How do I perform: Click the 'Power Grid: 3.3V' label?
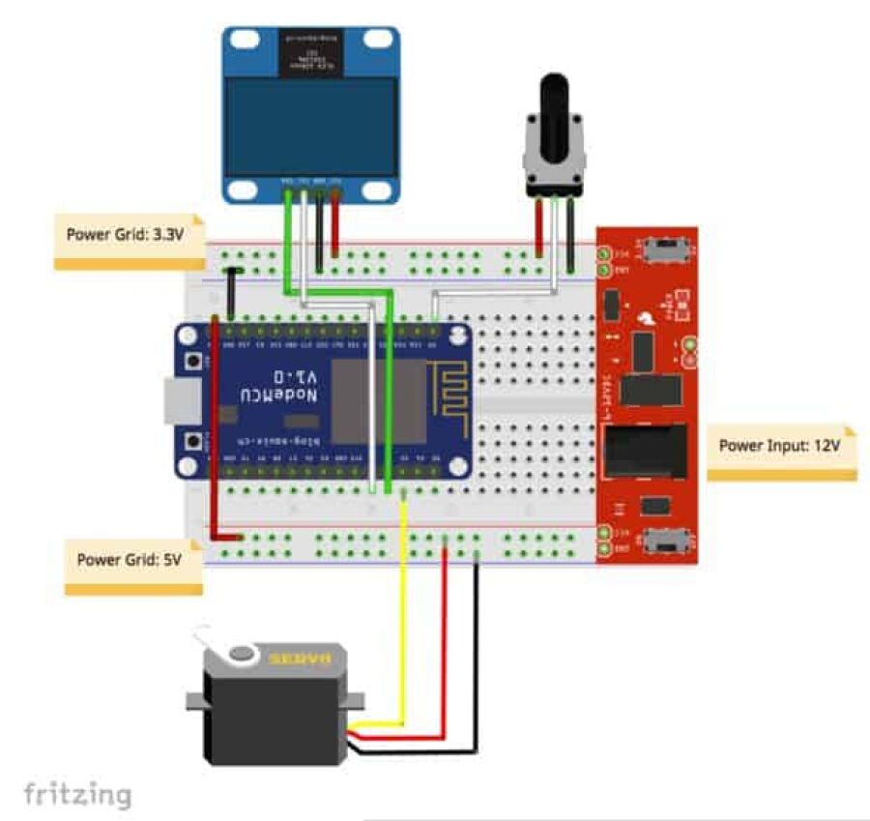click(125, 234)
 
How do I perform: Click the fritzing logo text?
click(77, 795)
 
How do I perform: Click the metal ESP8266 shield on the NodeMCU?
click(378, 400)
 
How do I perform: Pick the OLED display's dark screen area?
click(310, 130)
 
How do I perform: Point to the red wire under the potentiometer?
click(538, 228)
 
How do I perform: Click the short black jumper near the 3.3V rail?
click(232, 293)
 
